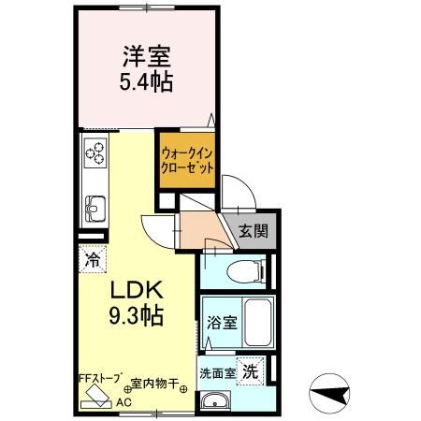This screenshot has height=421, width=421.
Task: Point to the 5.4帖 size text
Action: coord(145,81)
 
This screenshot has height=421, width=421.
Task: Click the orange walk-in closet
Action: coord(186,156)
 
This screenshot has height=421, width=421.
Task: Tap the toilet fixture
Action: coord(245,273)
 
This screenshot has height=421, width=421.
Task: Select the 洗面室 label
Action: coord(215,372)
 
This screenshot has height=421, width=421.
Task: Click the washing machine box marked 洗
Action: coord(251,370)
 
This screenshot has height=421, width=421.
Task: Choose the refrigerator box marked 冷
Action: coord(93,256)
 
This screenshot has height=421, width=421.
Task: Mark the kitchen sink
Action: coord(94,203)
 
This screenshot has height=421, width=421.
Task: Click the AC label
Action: coord(122,402)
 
